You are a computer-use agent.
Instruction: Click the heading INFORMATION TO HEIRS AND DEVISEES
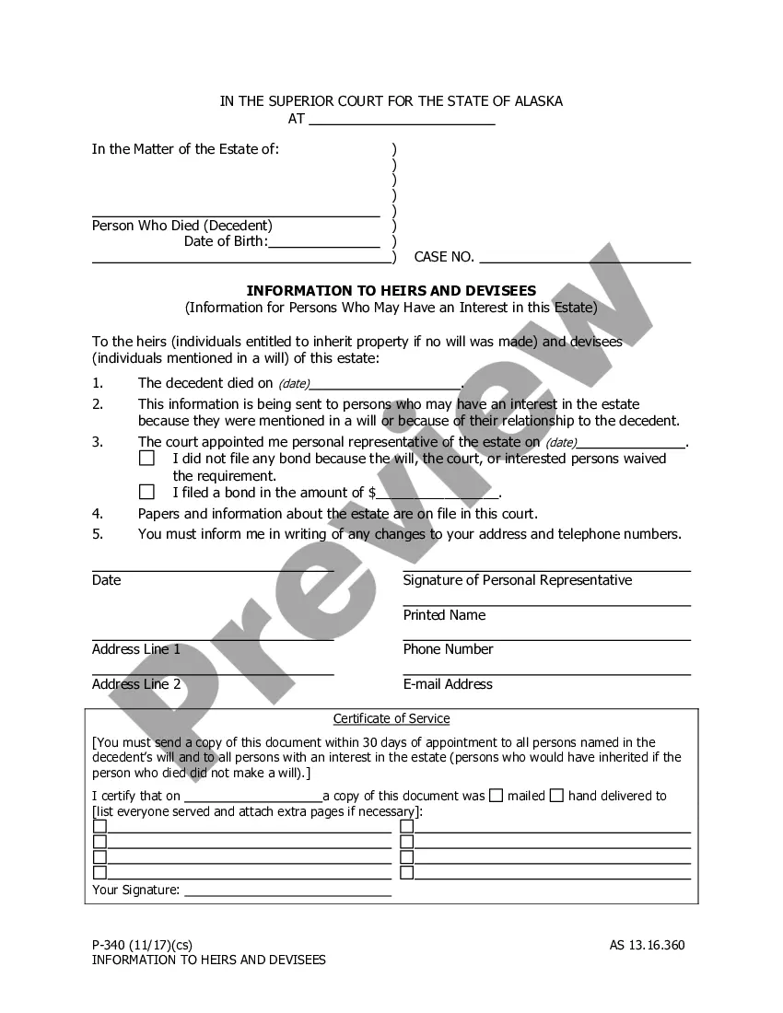(x=391, y=291)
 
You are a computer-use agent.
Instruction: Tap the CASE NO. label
(x=444, y=258)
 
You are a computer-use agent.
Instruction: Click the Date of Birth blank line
(x=323, y=243)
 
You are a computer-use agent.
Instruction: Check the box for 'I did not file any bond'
(x=146, y=459)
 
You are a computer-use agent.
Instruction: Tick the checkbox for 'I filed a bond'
(x=146, y=493)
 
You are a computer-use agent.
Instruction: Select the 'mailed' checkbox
(x=496, y=796)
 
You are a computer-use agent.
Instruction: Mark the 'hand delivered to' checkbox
(x=556, y=796)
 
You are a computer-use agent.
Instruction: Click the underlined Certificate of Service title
(x=391, y=719)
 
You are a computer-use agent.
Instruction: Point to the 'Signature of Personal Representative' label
(x=517, y=580)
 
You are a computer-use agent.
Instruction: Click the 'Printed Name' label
(x=444, y=615)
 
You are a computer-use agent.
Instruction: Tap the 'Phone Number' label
(x=448, y=649)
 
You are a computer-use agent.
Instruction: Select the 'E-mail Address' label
(x=448, y=684)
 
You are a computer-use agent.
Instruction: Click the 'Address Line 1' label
(x=136, y=649)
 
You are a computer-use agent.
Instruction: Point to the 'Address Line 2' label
(x=136, y=684)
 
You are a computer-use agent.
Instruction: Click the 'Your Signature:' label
(x=136, y=891)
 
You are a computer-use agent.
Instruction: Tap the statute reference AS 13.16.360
(x=647, y=945)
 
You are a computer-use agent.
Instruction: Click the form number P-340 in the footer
(x=109, y=945)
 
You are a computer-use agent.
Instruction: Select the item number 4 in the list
(x=98, y=514)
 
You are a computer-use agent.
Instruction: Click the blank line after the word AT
(x=402, y=120)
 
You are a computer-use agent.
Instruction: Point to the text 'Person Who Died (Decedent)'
(x=182, y=226)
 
